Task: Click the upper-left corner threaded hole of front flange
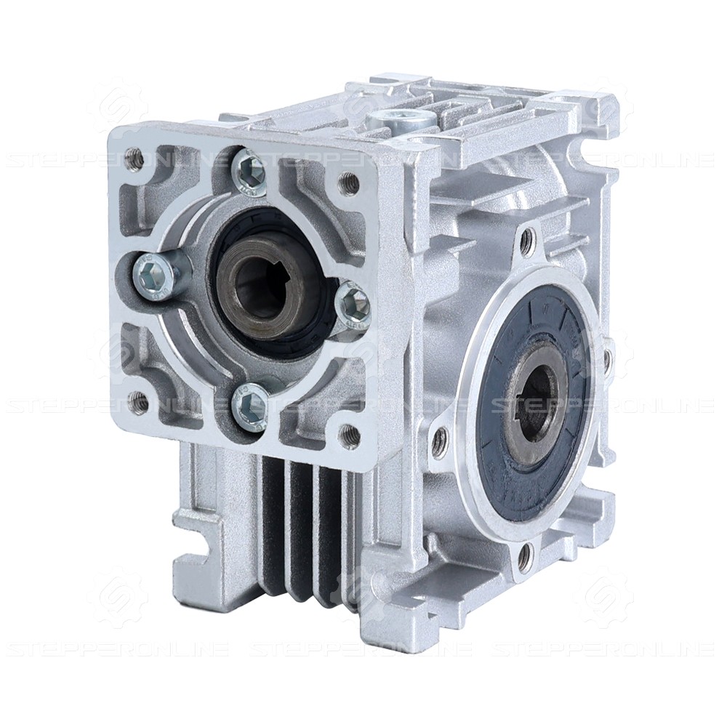tap(133, 154)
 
